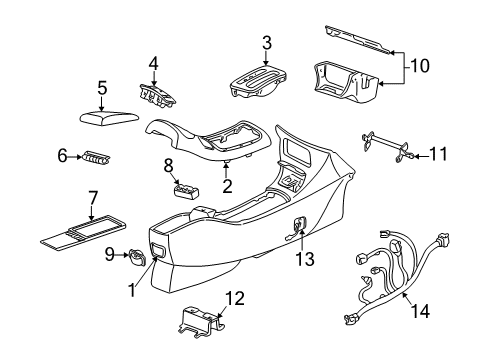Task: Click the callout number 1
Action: point(130,290)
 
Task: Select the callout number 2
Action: point(227,185)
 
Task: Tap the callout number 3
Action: point(266,43)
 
